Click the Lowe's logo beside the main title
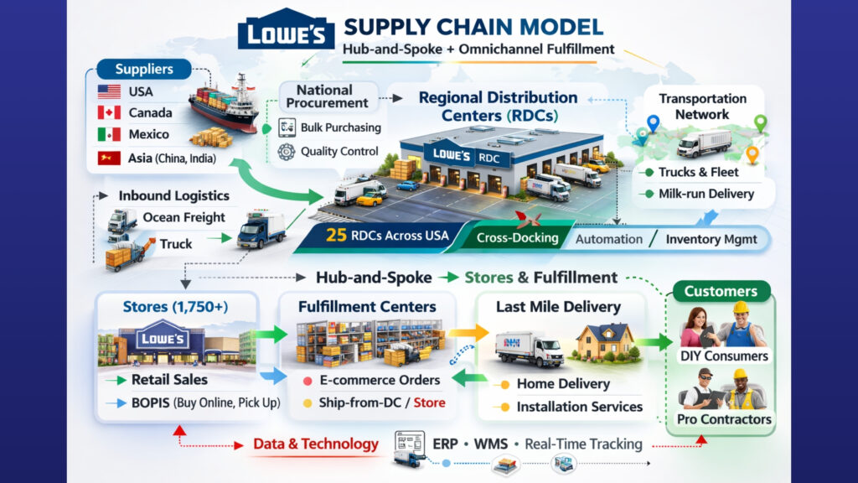click(286, 33)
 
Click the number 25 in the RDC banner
click(337, 236)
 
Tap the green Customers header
click(720, 292)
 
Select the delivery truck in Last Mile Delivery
click(530, 347)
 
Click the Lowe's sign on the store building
click(163, 339)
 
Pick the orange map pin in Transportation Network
click(752, 154)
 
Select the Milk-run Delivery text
click(706, 194)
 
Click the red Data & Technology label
click(316, 444)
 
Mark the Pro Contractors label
click(721, 418)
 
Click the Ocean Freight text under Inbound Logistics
click(183, 217)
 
